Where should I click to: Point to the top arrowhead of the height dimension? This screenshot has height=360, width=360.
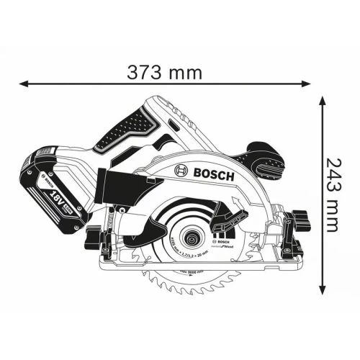(x=323, y=98)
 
